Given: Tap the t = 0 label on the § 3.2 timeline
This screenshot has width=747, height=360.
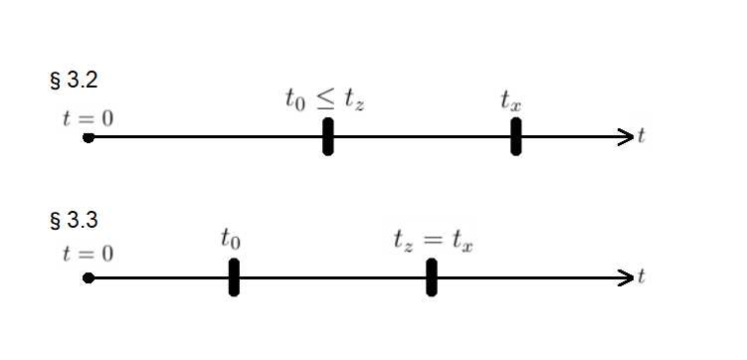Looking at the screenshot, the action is [x=87, y=117].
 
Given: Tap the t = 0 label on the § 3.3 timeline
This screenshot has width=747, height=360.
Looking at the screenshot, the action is [x=87, y=254].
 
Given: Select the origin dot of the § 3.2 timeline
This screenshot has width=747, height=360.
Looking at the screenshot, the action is [x=89, y=137].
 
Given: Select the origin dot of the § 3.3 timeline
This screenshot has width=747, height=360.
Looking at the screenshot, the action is [x=89, y=278].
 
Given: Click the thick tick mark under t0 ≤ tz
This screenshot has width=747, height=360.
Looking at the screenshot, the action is [x=328, y=137].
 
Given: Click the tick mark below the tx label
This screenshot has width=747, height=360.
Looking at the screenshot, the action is [x=516, y=137].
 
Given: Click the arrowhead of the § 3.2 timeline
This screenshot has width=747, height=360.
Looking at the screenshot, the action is [x=626, y=137].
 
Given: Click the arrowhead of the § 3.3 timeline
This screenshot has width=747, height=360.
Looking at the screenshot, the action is [x=626, y=278].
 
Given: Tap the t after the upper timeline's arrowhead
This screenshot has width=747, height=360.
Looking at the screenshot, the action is [x=642, y=137].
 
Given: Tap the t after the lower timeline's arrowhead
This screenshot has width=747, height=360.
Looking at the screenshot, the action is [x=642, y=277].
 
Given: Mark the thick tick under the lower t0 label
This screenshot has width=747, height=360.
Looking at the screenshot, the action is [x=234, y=277].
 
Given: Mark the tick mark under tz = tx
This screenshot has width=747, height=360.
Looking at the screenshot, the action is [x=432, y=277].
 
